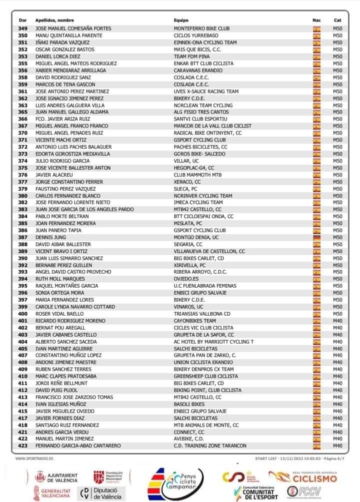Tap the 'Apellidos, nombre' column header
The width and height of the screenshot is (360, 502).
pos(54,20)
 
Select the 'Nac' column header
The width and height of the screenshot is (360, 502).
pos(316,20)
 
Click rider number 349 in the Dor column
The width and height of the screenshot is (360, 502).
pos(23,29)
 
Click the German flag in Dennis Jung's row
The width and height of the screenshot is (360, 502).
pos(316,237)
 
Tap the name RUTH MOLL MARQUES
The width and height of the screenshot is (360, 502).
pos(58,279)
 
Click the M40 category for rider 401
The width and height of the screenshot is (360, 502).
pos(337,321)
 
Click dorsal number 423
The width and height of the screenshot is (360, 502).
pos(23,446)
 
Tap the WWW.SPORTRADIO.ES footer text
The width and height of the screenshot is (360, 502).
pos(35,458)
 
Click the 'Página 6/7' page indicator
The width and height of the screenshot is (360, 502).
pos(331,458)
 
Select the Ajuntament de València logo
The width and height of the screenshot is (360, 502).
pos(56,478)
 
